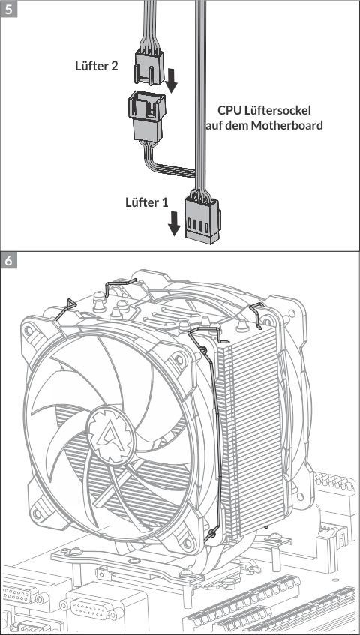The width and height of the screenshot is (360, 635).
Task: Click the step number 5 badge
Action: coord(9,9)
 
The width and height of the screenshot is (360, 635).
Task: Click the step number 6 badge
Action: coord(9,260)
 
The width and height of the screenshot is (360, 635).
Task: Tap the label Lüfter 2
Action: coord(97,66)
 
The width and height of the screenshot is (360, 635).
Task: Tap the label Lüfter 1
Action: coord(146,202)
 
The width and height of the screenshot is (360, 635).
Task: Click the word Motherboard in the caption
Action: coord(286,125)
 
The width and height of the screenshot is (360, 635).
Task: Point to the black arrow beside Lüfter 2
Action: coord(172,80)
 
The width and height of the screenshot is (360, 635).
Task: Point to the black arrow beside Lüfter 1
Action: coord(174,223)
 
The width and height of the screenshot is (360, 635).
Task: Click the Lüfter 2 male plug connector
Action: coord(149,67)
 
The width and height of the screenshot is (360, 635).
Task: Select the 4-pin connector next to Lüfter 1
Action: coord(202,220)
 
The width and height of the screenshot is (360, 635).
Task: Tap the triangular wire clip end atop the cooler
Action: coord(70,305)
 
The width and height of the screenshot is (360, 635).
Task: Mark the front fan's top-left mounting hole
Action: coord(28,331)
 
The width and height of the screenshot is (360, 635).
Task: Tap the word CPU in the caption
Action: coord(229,110)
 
